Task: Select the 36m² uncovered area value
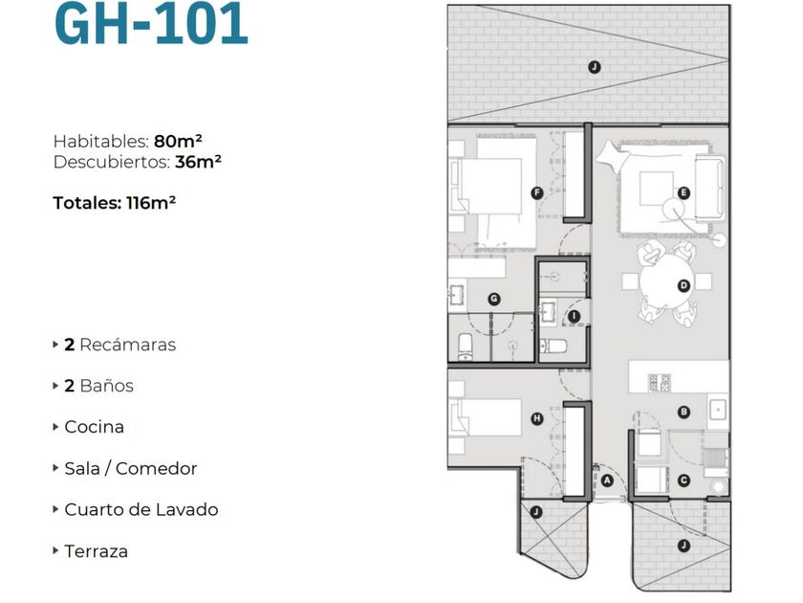tap(198, 162)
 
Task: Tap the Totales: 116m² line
tap(115, 202)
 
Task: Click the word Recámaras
tap(127, 345)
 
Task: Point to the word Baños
tap(106, 386)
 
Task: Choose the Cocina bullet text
tap(94, 427)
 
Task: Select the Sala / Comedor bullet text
tap(130, 468)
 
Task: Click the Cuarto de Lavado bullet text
tap(141, 509)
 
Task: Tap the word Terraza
tap(96, 550)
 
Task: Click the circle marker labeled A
tap(606, 480)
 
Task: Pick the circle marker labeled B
tap(684, 413)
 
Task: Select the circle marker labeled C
tap(684, 480)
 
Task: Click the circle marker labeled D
tap(684, 285)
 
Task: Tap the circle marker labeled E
tap(684, 192)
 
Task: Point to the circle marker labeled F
tap(536, 192)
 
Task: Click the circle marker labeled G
tap(493, 299)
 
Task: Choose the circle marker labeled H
tap(536, 418)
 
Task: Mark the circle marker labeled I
tap(574, 316)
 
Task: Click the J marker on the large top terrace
tap(594, 66)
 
